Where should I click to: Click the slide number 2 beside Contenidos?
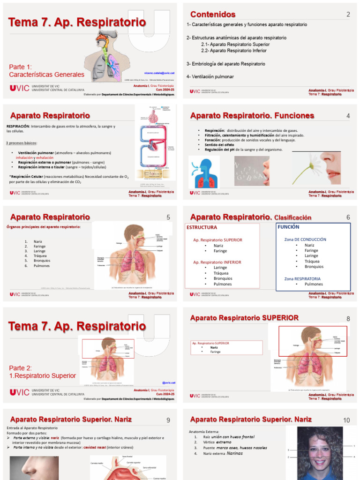tap(348, 15)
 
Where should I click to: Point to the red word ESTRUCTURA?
tap(202, 227)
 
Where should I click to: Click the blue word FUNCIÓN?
tap(288, 227)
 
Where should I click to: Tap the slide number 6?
tap(348, 217)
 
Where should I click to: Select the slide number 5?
tap(168, 217)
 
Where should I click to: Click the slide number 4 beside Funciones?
tap(348, 116)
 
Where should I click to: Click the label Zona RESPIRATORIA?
tap(302, 278)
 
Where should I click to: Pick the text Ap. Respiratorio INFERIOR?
tap(217, 262)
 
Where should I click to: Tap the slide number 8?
tap(348, 319)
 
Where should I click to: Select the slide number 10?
tap(346, 420)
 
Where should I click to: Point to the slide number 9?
tap(168, 420)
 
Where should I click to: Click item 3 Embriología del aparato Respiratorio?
tap(226, 63)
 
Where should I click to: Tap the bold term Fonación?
tap(213, 140)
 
